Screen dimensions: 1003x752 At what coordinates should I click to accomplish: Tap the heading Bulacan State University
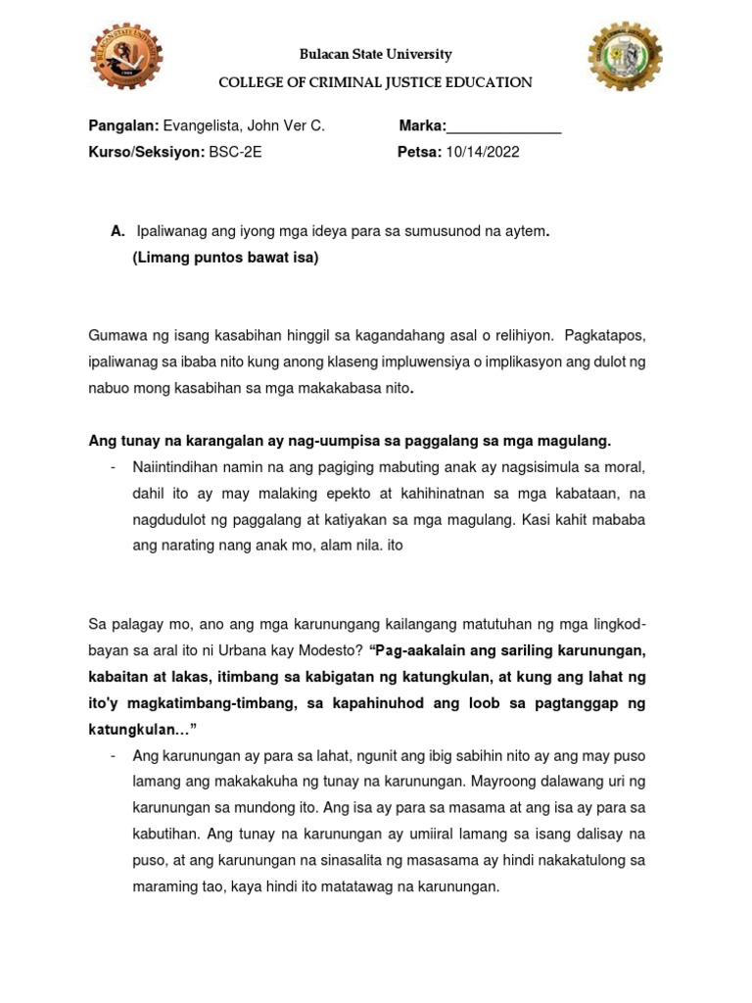pos(376,55)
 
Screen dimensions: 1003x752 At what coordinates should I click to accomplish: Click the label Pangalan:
pos(123,125)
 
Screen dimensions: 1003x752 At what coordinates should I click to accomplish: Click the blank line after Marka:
pos(504,126)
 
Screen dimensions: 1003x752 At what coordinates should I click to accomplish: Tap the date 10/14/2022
pos(483,152)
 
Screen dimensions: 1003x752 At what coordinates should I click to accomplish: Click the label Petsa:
pos(419,152)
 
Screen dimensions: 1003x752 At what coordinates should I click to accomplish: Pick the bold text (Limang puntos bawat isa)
pos(225,259)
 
